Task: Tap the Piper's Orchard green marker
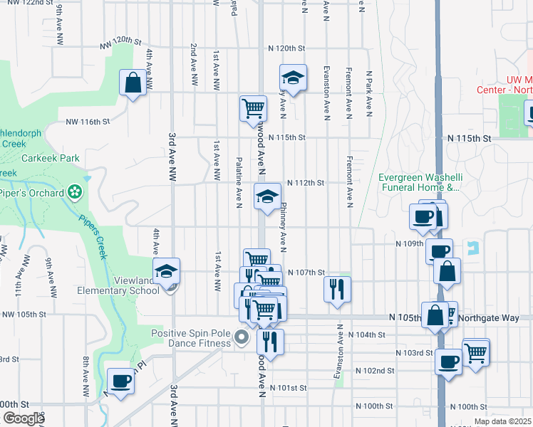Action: (74, 191)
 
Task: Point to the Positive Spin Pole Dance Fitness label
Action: (192, 337)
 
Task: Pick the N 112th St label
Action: (306, 183)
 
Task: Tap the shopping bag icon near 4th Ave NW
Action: (133, 83)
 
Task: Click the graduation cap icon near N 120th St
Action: (292, 76)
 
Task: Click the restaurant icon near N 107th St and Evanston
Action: (337, 288)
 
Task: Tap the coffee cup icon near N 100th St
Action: (120, 380)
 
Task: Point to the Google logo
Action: (24, 418)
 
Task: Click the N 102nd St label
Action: (376, 371)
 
